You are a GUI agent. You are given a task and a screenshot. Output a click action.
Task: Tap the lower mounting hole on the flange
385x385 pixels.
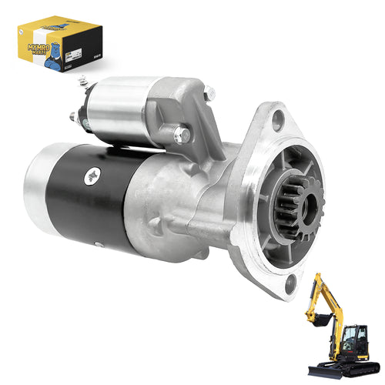[x=290, y=285]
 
